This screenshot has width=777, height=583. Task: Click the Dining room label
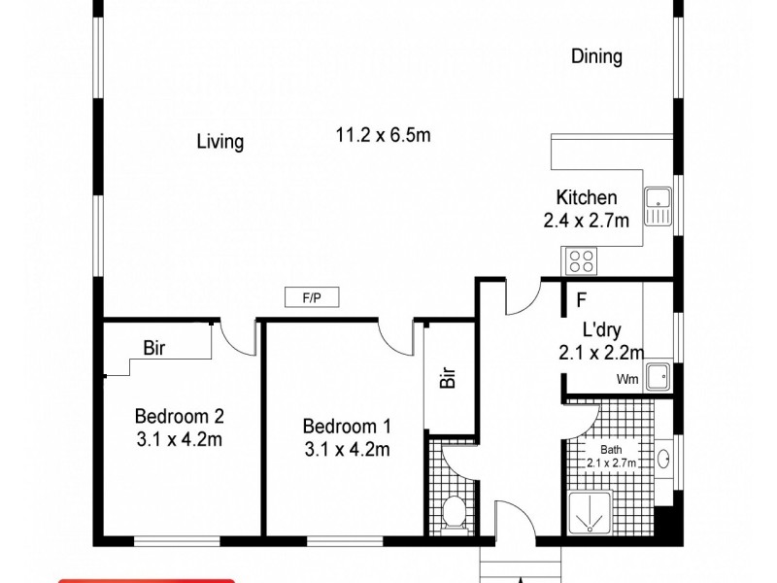point(596,56)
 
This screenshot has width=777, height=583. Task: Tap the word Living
point(220,142)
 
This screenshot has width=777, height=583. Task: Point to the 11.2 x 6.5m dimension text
point(383,135)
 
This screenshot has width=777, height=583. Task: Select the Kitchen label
point(586,197)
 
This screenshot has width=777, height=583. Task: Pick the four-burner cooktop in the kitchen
point(581,259)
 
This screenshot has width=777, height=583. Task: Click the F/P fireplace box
point(312,297)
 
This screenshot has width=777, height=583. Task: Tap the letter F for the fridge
point(582,300)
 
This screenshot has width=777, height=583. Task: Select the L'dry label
point(601,328)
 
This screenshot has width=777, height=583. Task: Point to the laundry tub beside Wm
point(659,374)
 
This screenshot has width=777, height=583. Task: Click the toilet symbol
point(453,511)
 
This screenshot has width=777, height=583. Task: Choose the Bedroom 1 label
point(347,427)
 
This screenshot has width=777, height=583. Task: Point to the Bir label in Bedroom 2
point(153,347)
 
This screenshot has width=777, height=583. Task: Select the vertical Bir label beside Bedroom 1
point(448,376)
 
